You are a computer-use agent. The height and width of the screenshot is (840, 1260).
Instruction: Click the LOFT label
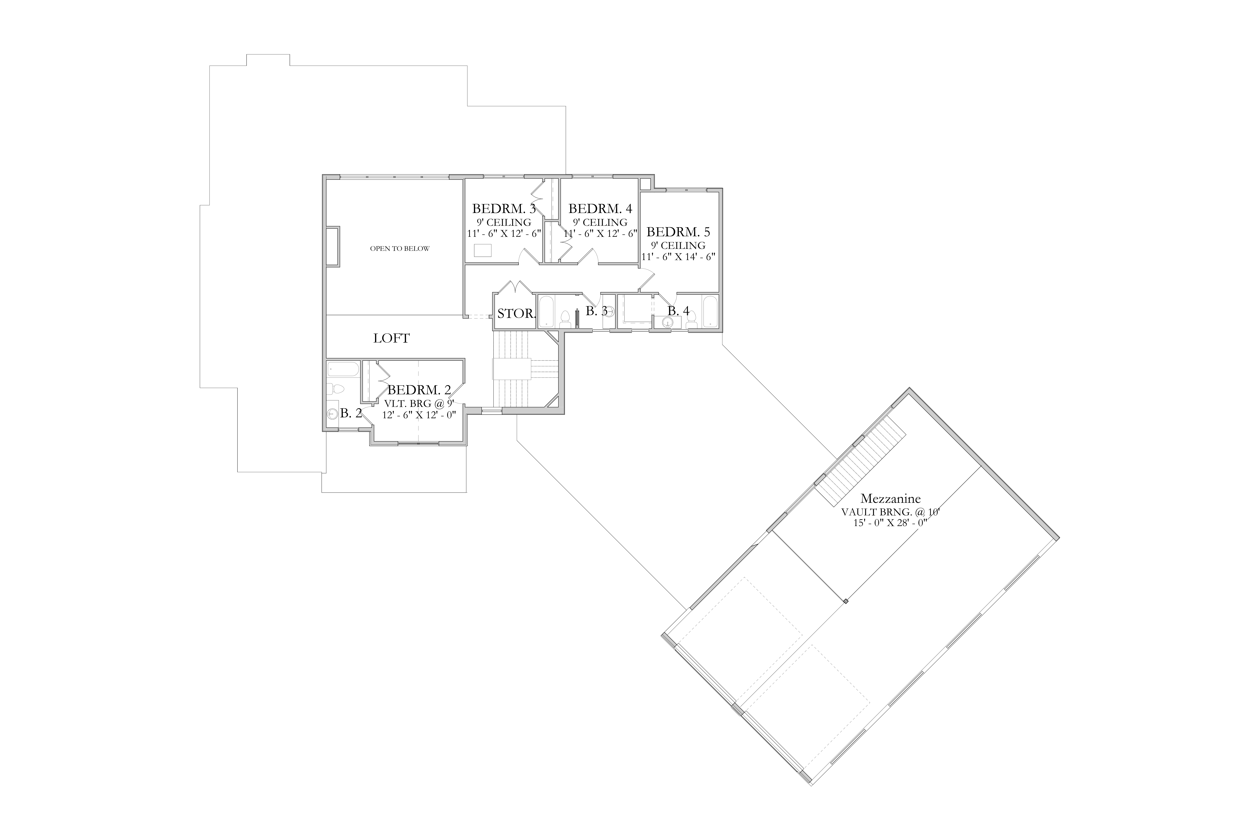tap(392, 338)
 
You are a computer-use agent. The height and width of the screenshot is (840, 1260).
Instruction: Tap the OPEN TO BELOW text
tap(400, 248)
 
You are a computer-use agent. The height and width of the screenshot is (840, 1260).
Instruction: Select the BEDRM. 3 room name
tap(504, 208)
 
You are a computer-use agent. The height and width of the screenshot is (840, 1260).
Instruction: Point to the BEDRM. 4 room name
tap(600, 208)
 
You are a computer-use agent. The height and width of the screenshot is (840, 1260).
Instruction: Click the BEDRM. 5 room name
tap(678, 232)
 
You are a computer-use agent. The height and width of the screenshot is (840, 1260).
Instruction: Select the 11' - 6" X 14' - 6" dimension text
tap(678, 257)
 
